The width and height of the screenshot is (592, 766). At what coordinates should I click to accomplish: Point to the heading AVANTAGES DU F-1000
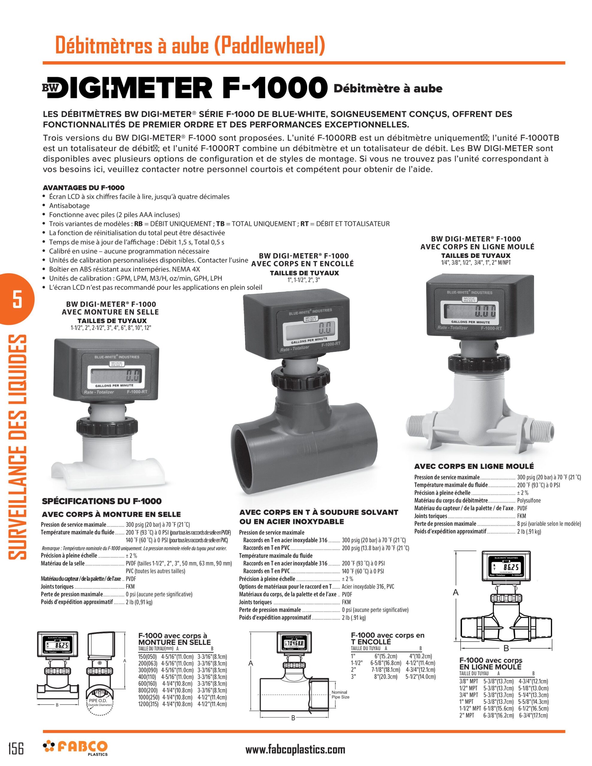click(x=84, y=188)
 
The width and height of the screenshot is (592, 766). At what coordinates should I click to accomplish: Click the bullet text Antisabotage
click(x=69, y=206)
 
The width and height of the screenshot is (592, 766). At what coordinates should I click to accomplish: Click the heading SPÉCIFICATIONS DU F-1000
click(x=102, y=501)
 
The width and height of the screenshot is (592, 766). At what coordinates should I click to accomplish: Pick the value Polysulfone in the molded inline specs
click(x=529, y=501)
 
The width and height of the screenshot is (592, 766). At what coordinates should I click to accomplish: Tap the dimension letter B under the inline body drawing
click(x=506, y=648)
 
